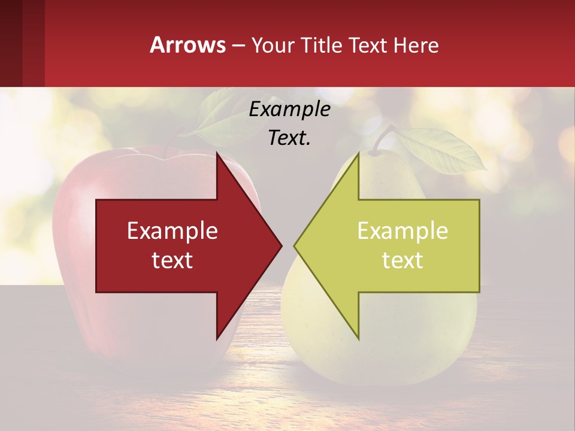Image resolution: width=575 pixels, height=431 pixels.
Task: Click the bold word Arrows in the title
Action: coord(188,45)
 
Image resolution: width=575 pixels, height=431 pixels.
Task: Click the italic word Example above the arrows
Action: coord(289,110)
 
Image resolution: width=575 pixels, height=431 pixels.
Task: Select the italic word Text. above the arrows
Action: coord(289,138)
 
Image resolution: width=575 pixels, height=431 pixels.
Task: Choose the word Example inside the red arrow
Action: coord(172,231)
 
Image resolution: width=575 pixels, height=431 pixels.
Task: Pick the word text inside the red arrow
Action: coord(172,260)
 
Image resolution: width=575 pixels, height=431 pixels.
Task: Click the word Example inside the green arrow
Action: coord(402,231)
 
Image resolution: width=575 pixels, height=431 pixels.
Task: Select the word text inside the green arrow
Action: coord(402,260)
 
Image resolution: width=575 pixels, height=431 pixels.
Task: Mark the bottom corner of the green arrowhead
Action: coord(358,339)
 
